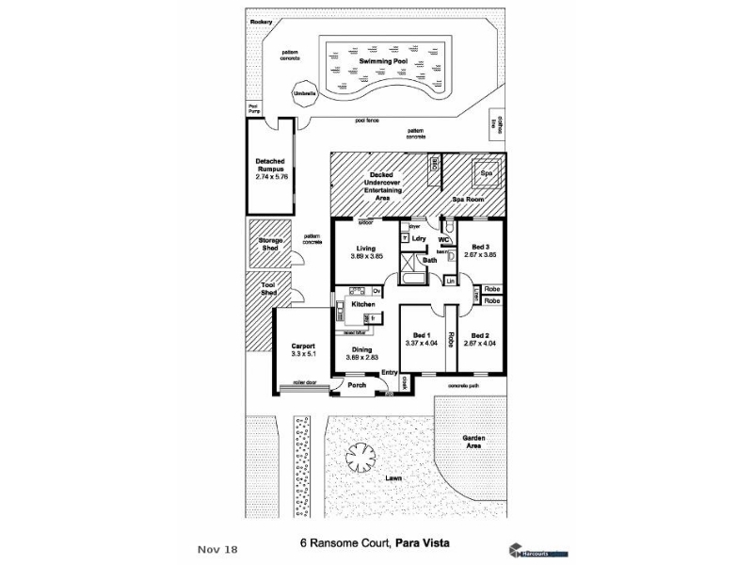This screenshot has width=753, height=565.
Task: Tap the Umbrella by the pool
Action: (x=305, y=93)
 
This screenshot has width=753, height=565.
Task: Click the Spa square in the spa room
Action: (x=487, y=174)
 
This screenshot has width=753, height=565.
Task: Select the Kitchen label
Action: (x=363, y=304)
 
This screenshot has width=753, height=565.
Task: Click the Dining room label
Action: (x=362, y=349)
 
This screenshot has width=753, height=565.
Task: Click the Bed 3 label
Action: (x=481, y=247)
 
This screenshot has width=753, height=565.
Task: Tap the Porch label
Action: (x=357, y=385)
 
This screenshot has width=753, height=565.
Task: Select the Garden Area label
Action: (x=473, y=443)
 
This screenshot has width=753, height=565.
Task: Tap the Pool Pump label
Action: (x=253, y=108)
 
